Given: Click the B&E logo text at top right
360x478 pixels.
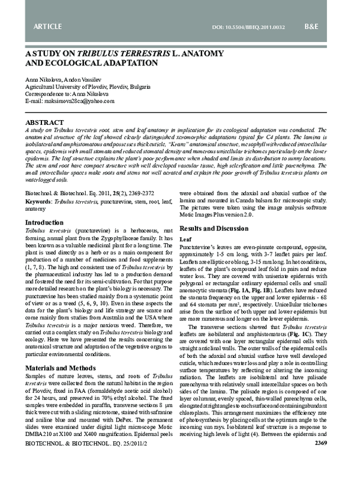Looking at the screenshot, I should [329, 27].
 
